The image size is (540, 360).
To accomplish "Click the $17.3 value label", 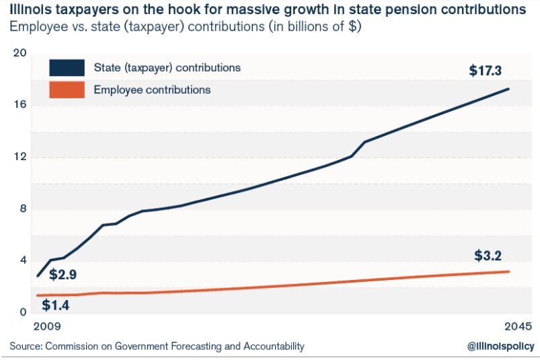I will [x=486, y=70].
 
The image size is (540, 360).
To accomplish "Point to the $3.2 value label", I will [x=488, y=256].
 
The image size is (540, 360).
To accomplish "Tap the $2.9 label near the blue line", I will [x=63, y=276].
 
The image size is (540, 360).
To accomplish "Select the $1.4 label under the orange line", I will [x=55, y=305].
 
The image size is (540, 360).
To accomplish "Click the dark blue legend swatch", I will [x=67, y=68].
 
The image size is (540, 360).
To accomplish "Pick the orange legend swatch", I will [x=67, y=89].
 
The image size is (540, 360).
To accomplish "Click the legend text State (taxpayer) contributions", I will [x=167, y=68].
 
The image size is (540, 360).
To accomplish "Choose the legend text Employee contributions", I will [x=152, y=89].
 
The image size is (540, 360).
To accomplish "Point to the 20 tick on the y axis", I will [x=20, y=53].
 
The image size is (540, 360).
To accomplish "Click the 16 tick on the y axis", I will [x=20, y=105].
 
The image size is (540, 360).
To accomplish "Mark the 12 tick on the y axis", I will [x=20, y=157].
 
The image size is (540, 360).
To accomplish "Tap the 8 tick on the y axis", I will [x=22, y=209].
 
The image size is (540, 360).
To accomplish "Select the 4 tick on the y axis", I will [x=22, y=260].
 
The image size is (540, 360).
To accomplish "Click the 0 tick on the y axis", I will [x=22, y=312].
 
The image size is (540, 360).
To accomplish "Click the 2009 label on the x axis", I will [x=47, y=326].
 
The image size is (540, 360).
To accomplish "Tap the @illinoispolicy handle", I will [x=500, y=347].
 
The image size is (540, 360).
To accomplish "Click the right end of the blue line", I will [x=508, y=89].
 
